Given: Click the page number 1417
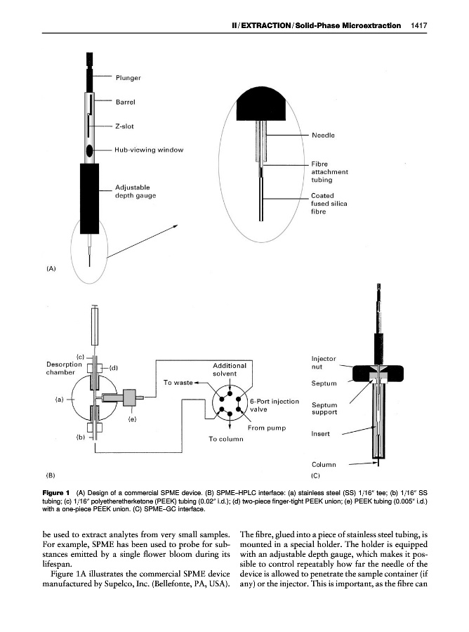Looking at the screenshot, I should (420, 25).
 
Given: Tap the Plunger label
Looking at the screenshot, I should (128, 77).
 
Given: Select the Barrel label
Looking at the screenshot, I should (125, 101).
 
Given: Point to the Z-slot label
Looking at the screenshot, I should (125, 126).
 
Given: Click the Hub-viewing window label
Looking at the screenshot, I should (149, 150).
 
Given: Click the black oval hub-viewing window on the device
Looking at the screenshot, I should (90, 150).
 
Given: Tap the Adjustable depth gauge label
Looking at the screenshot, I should (135, 191).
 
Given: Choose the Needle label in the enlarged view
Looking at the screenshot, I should (322, 135).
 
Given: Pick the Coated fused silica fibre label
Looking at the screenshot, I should (329, 204).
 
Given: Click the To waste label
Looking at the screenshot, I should (178, 383).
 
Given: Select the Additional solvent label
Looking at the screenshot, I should (229, 369).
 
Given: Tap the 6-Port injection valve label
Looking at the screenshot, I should (275, 405).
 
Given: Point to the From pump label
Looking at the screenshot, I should (266, 428).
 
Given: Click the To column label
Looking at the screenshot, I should (225, 440).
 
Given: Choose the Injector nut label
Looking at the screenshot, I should (324, 362).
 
